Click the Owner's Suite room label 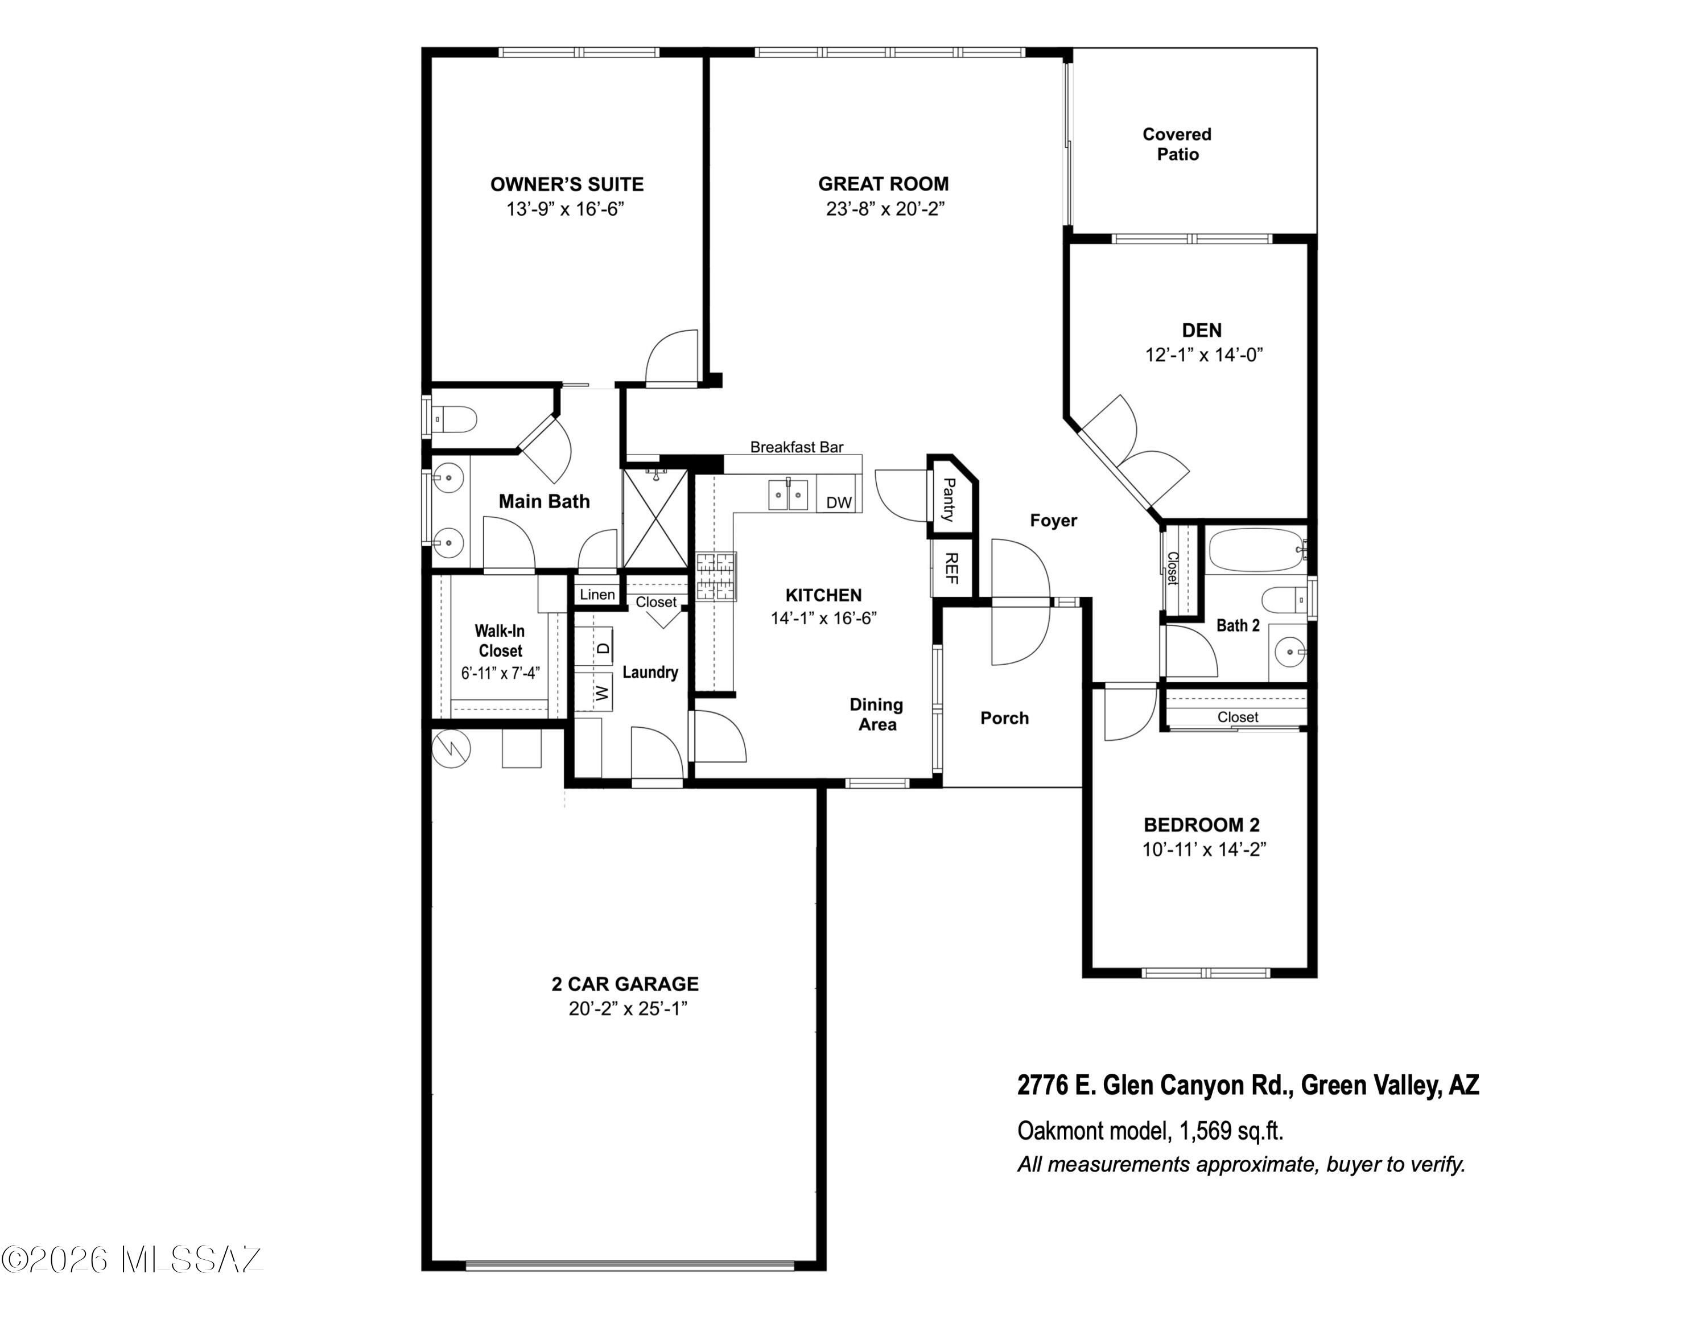(x=567, y=184)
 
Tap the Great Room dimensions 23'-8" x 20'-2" (x=885, y=209)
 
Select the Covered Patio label (x=1177, y=144)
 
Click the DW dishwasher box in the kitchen (x=839, y=501)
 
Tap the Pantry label (x=948, y=500)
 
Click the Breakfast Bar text (x=797, y=447)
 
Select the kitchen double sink (x=788, y=494)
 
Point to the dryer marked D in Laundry (x=602, y=647)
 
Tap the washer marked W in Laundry (x=600, y=691)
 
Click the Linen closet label (x=597, y=595)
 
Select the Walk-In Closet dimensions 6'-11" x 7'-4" (x=500, y=673)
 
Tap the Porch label (x=1004, y=718)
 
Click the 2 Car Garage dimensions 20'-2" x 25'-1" (x=628, y=1009)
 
